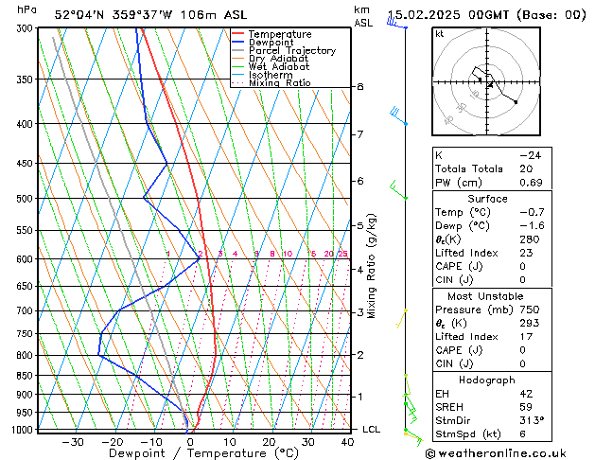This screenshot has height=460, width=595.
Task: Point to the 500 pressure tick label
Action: click(x=26, y=199)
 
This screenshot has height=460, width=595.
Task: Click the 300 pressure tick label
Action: click(x=26, y=28)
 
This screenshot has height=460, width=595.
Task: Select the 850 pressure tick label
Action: click(x=26, y=376)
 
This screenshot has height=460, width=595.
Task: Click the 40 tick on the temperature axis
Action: click(x=347, y=442)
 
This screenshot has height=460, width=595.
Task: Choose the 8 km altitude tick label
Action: click(x=360, y=87)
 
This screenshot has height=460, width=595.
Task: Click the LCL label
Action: click(x=372, y=430)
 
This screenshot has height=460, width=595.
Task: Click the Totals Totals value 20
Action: click(x=525, y=168)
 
